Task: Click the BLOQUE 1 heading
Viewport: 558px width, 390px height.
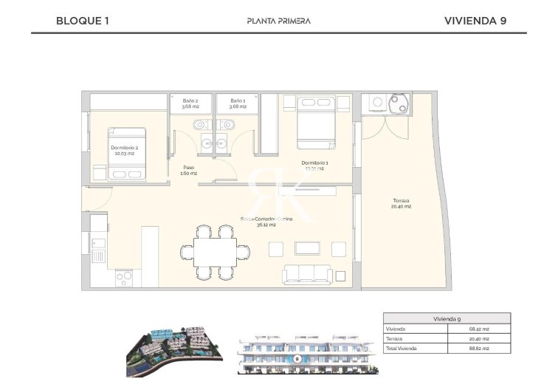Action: tap(82, 21)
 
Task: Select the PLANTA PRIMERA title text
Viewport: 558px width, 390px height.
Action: tap(278, 21)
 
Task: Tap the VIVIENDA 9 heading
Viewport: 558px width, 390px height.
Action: tap(475, 21)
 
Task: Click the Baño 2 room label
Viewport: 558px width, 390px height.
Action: tap(191, 103)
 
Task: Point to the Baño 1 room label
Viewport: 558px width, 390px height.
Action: tap(237, 103)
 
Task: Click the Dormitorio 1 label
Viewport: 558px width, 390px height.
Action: tap(314, 165)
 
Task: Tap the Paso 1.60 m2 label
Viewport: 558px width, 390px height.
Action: tap(189, 171)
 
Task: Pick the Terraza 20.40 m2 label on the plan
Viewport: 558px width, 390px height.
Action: tap(401, 203)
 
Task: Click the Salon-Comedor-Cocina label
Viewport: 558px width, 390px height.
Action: tap(266, 222)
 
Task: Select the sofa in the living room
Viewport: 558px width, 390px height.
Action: tap(309, 274)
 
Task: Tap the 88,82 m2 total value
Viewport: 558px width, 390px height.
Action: tap(479, 347)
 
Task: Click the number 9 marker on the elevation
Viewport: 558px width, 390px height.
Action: tap(297, 358)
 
